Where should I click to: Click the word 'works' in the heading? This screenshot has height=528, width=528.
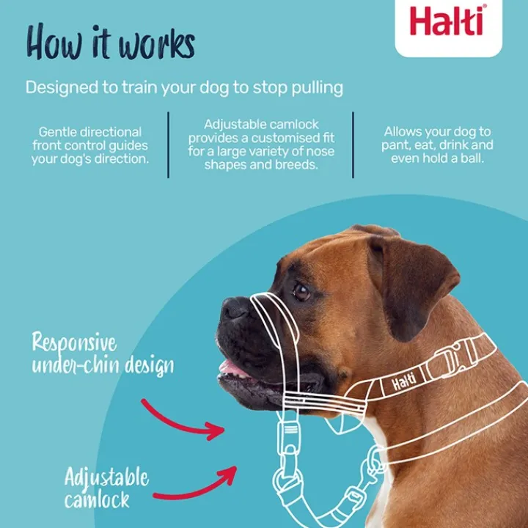tap(156, 47)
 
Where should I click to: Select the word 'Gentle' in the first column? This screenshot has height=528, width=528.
tap(56, 132)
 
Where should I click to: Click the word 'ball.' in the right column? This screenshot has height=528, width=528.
tap(472, 158)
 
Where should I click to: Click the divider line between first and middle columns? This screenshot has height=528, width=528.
tap(169, 144)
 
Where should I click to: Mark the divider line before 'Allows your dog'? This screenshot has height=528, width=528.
tap(353, 144)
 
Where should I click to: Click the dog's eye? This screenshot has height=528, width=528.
tap(301, 292)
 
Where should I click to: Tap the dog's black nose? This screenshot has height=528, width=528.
tap(235, 309)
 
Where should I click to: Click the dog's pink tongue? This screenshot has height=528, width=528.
tap(232, 369)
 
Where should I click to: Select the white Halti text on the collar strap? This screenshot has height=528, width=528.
tap(403, 381)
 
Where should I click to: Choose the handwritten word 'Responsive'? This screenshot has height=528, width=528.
tap(74, 342)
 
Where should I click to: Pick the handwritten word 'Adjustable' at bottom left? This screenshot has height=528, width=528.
tap(106, 479)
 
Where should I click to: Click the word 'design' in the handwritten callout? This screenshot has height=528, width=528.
tap(150, 367)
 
